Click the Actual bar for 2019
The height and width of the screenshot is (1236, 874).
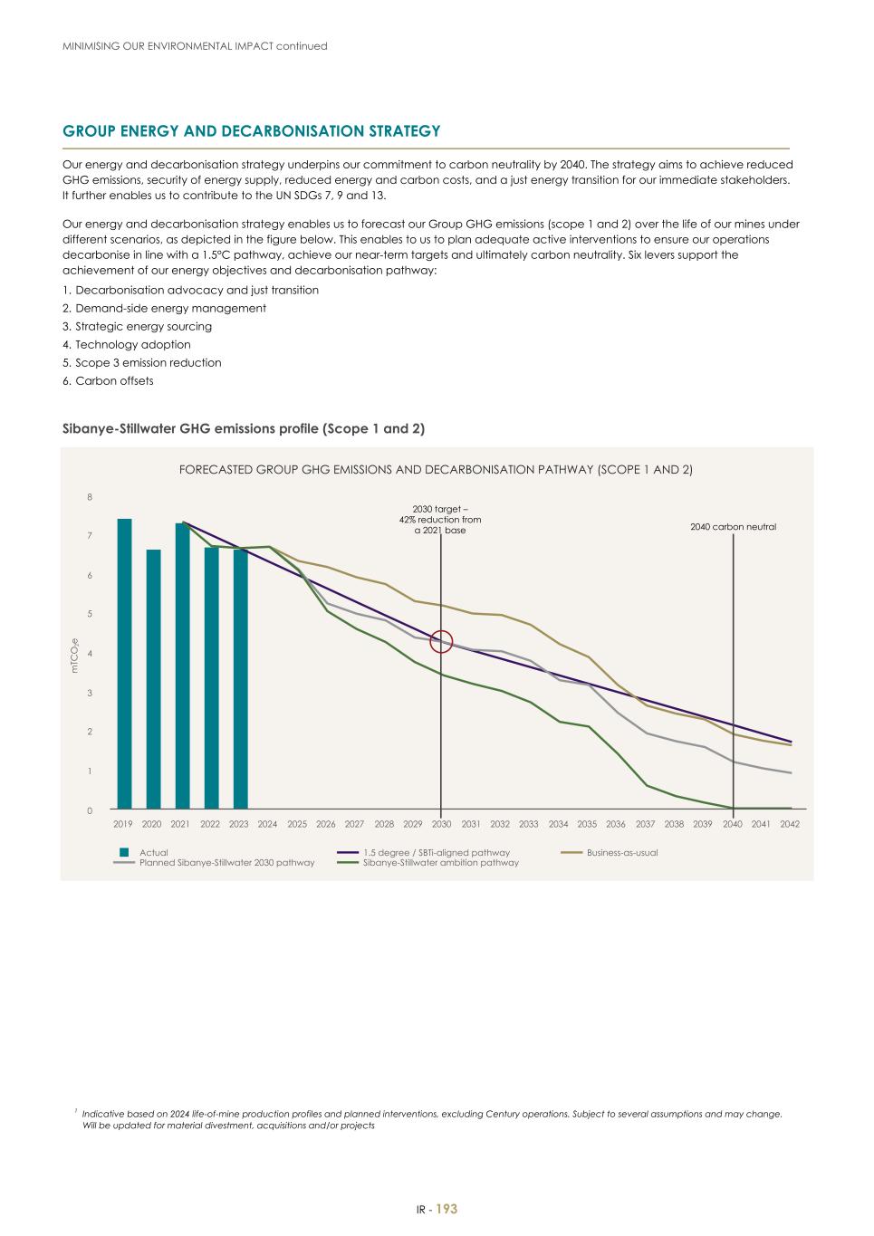124,664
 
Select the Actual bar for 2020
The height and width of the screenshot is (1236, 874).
153,679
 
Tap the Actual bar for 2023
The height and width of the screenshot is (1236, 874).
240,679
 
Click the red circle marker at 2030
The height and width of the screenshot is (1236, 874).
441,641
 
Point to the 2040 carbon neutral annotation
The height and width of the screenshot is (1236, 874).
733,527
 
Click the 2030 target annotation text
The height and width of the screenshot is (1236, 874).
440,520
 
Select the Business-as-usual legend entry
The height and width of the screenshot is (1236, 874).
621,853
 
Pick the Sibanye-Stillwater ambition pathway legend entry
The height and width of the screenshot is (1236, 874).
440,863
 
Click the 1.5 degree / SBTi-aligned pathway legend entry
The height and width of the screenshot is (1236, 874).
436,853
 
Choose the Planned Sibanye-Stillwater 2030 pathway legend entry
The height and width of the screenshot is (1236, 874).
226,863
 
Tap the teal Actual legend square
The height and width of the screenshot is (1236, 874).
125,853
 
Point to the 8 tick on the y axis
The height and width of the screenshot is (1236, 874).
90,497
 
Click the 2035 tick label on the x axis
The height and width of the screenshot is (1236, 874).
587,825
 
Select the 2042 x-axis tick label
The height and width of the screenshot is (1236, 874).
790,825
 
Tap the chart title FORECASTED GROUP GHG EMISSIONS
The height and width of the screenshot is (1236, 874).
436,470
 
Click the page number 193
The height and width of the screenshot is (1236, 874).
447,1210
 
